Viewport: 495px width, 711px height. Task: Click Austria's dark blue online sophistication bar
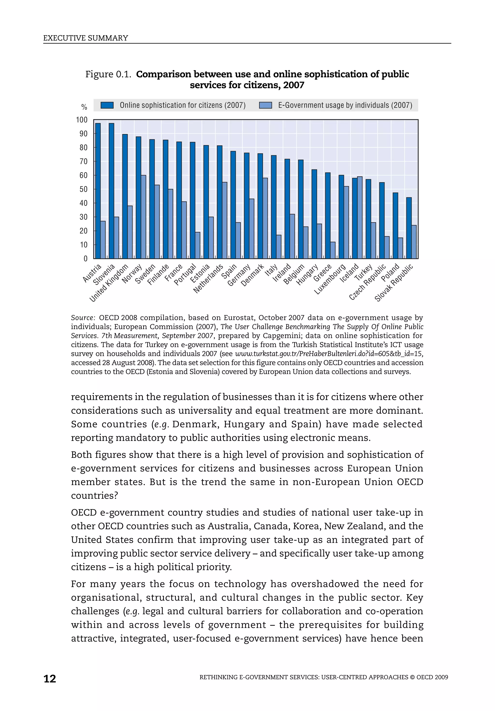point(98,191)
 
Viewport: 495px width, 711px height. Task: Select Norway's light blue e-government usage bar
point(143,217)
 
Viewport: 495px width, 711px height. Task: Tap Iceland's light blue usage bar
point(360,217)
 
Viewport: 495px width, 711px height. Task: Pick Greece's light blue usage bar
point(333,250)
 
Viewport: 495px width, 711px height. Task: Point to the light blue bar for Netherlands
point(225,220)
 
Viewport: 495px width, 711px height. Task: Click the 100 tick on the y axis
point(82,120)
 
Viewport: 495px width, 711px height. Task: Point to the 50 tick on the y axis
point(83,189)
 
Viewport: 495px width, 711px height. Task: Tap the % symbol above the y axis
point(84,107)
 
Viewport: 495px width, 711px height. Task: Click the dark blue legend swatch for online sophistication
point(107,105)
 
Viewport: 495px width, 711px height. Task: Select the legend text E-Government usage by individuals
point(345,105)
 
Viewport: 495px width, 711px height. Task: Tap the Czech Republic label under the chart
point(367,282)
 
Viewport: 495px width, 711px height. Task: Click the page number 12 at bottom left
point(50,679)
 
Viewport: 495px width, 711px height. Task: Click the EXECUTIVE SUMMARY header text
point(86,38)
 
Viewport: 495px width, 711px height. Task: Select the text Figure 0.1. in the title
point(108,74)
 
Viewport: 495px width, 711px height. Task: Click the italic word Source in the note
point(83,318)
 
